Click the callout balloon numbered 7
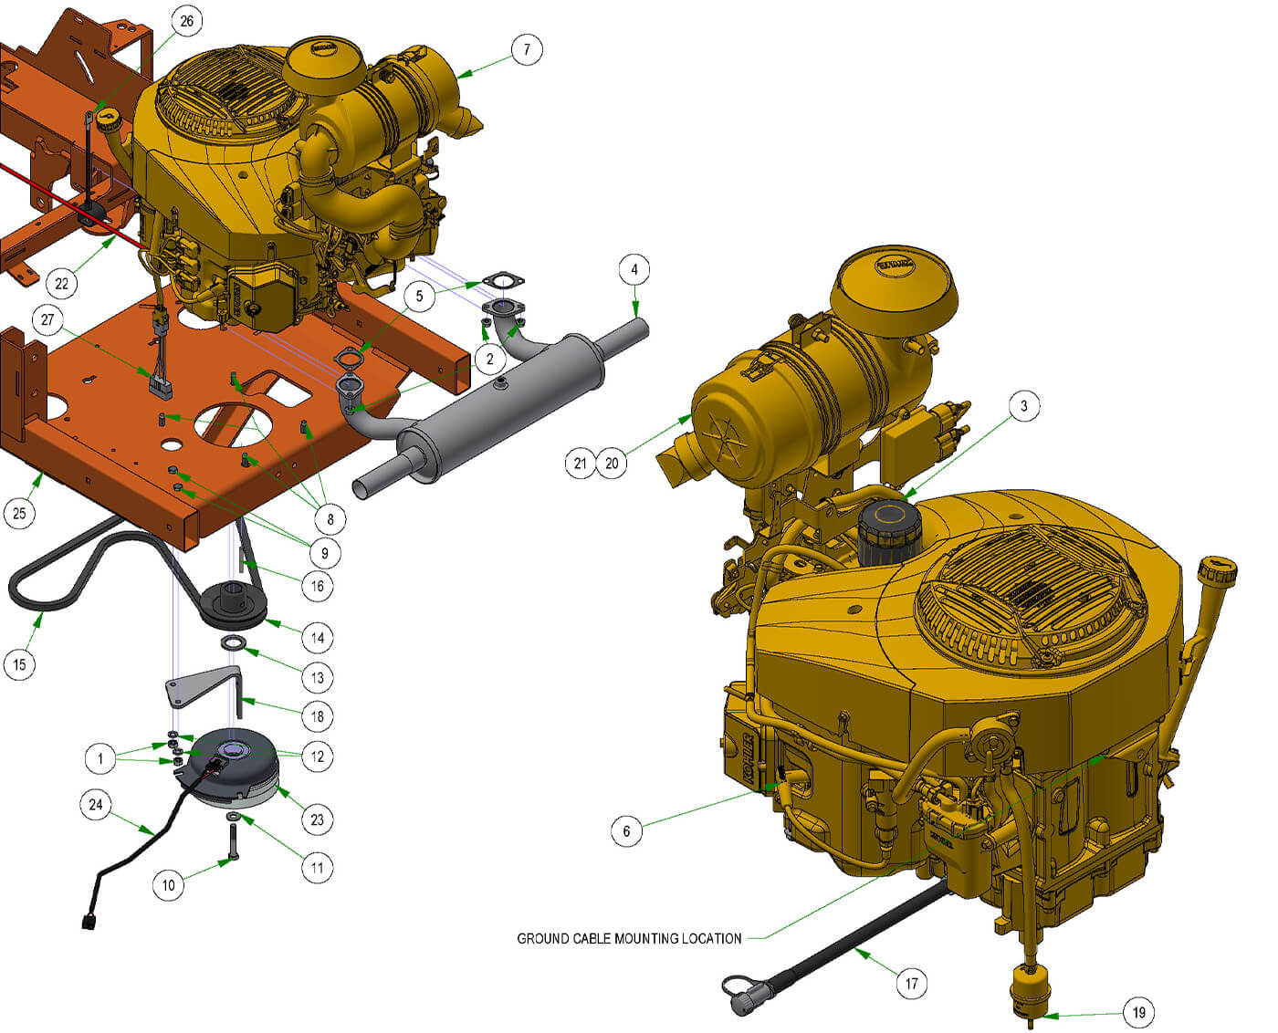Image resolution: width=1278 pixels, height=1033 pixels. [x=527, y=48]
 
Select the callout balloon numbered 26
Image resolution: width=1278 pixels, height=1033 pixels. [x=187, y=21]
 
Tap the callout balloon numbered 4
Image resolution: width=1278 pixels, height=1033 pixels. [x=634, y=269]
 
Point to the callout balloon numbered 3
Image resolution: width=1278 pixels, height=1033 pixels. [x=1024, y=406]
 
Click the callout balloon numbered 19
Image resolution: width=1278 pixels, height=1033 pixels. [x=1138, y=1012]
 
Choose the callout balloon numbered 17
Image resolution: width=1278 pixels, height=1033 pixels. [x=911, y=983]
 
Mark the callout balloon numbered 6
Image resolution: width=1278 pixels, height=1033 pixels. [x=626, y=830]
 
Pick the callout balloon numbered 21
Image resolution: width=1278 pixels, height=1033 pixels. [x=581, y=463]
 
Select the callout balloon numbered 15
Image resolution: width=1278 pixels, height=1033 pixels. [x=20, y=664]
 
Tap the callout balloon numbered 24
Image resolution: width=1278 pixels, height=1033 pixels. [x=96, y=805]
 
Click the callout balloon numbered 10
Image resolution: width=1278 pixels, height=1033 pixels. [x=169, y=884]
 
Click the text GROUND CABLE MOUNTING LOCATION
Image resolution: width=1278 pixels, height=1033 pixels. [x=629, y=938]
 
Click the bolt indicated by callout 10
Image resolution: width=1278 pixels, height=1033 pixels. [x=234, y=840]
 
